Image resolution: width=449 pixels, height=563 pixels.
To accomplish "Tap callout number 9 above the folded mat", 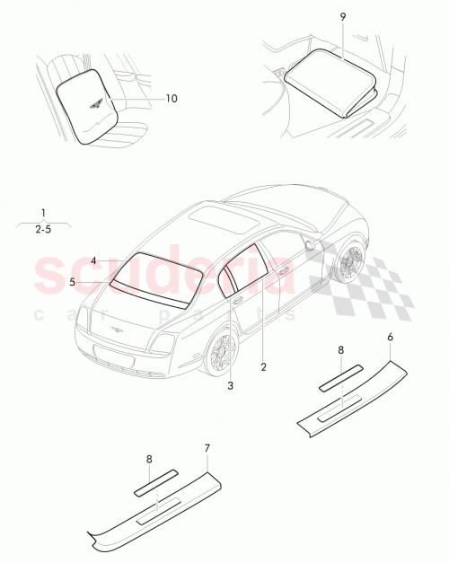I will click(x=343, y=16).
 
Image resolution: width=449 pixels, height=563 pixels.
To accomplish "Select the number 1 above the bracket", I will click(x=42, y=213).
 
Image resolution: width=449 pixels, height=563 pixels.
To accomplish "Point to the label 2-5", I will click(x=42, y=230).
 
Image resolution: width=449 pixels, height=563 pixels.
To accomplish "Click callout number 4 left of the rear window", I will click(x=93, y=260).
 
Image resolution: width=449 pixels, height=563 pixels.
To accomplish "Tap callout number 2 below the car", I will click(x=263, y=366).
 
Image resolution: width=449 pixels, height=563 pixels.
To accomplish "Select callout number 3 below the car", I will click(x=230, y=386).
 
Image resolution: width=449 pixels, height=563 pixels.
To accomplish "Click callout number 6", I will click(x=390, y=337).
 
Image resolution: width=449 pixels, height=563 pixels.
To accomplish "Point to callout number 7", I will click(x=207, y=447).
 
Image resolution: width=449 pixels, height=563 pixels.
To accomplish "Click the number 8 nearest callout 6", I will click(x=340, y=349).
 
